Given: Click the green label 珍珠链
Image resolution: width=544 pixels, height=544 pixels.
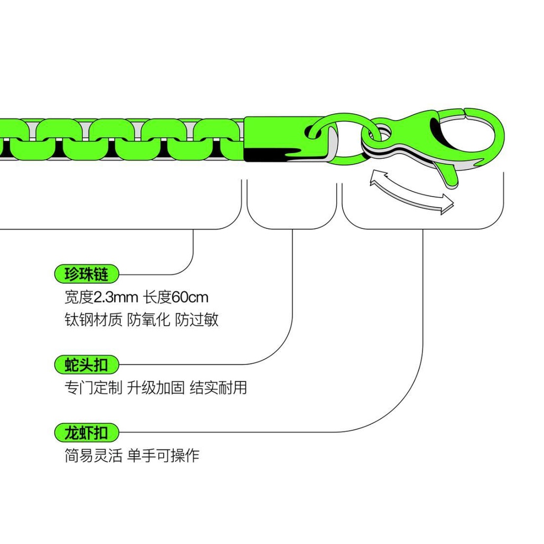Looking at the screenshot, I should click(x=86, y=274).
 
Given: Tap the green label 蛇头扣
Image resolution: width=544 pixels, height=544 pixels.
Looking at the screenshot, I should click(x=86, y=365).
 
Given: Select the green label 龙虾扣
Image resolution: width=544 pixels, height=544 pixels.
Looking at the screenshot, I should click(x=86, y=432).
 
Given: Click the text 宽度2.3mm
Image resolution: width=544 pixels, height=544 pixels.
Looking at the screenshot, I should click(x=100, y=296).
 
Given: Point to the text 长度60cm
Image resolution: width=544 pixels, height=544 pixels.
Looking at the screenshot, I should click(x=174, y=296).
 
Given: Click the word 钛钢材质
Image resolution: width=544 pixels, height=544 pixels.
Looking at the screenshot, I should click(x=93, y=319).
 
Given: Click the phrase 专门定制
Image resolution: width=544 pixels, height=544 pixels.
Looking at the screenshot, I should click(x=93, y=387).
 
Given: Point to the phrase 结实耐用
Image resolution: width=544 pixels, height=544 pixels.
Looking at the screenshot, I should click(x=218, y=387).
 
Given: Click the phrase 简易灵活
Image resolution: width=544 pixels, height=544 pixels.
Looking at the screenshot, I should click(x=93, y=455).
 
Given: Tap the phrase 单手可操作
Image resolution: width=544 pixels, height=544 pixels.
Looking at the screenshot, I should click(x=163, y=455).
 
